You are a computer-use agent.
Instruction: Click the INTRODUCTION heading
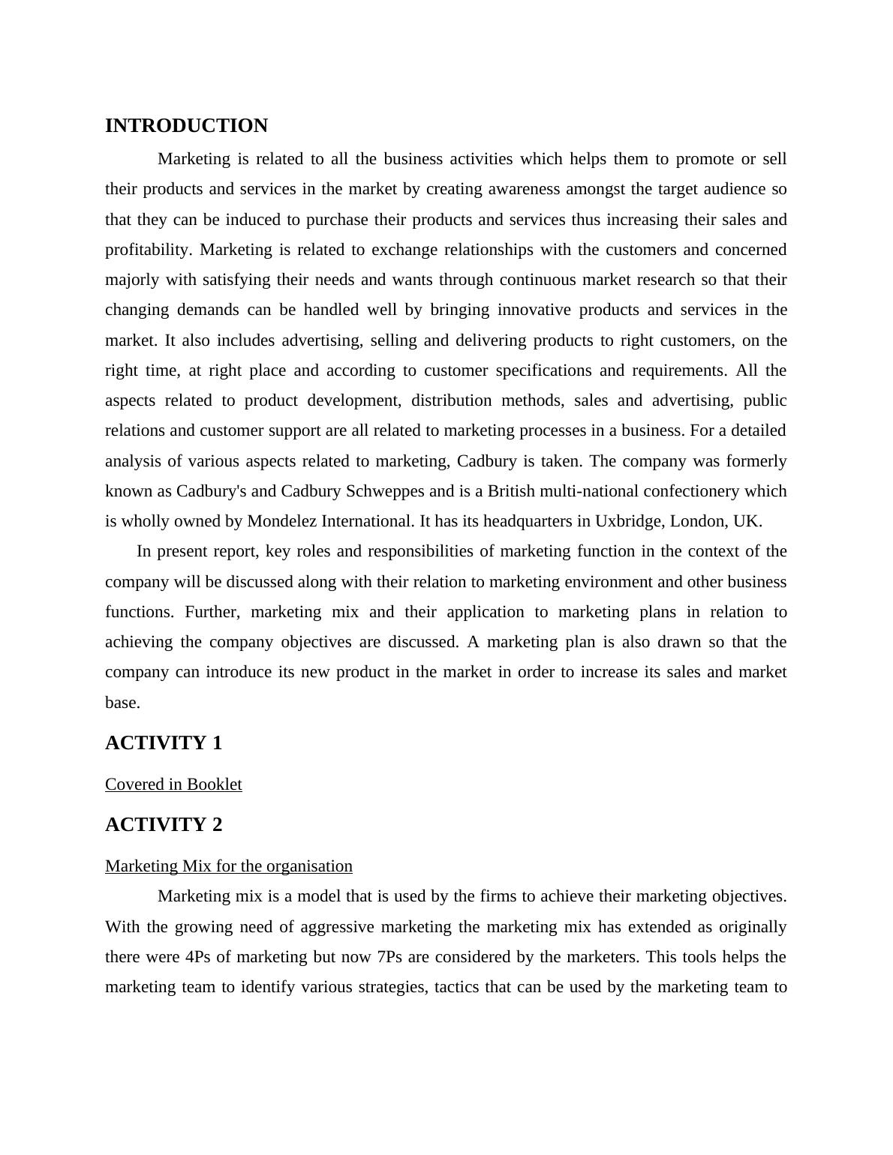[186, 126]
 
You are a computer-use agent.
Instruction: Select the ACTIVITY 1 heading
[164, 743]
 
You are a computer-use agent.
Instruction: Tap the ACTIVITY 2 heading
[164, 825]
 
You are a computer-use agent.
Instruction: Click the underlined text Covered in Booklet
[173, 784]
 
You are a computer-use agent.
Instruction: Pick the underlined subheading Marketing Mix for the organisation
[229, 866]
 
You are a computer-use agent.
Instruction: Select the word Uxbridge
[621, 521]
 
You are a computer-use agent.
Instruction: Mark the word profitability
[148, 250]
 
